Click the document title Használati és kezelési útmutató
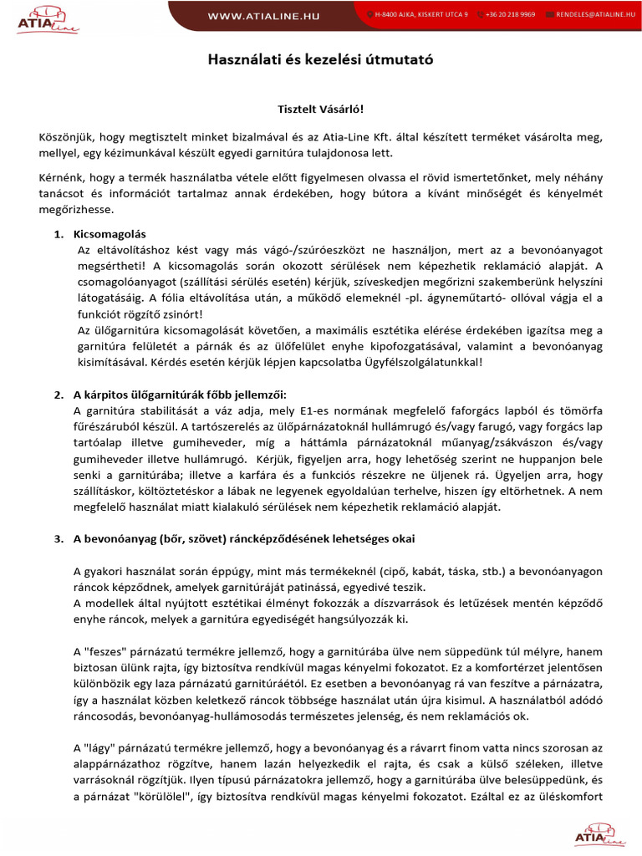(321, 61)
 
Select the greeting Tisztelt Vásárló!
(321, 109)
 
